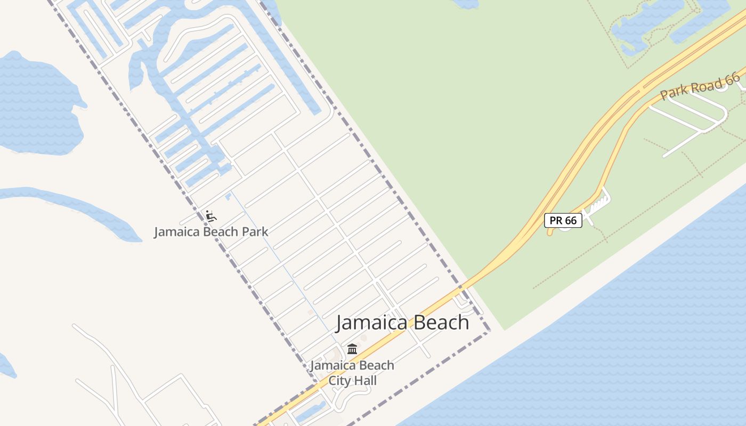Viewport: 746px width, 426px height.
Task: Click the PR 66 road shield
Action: click(x=563, y=220)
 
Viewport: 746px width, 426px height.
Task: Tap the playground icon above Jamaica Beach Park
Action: click(x=211, y=216)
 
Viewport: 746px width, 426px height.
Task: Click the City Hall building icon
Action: click(x=352, y=349)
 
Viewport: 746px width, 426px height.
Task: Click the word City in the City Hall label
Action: click(x=339, y=381)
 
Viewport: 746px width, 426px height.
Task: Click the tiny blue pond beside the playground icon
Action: click(x=228, y=196)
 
